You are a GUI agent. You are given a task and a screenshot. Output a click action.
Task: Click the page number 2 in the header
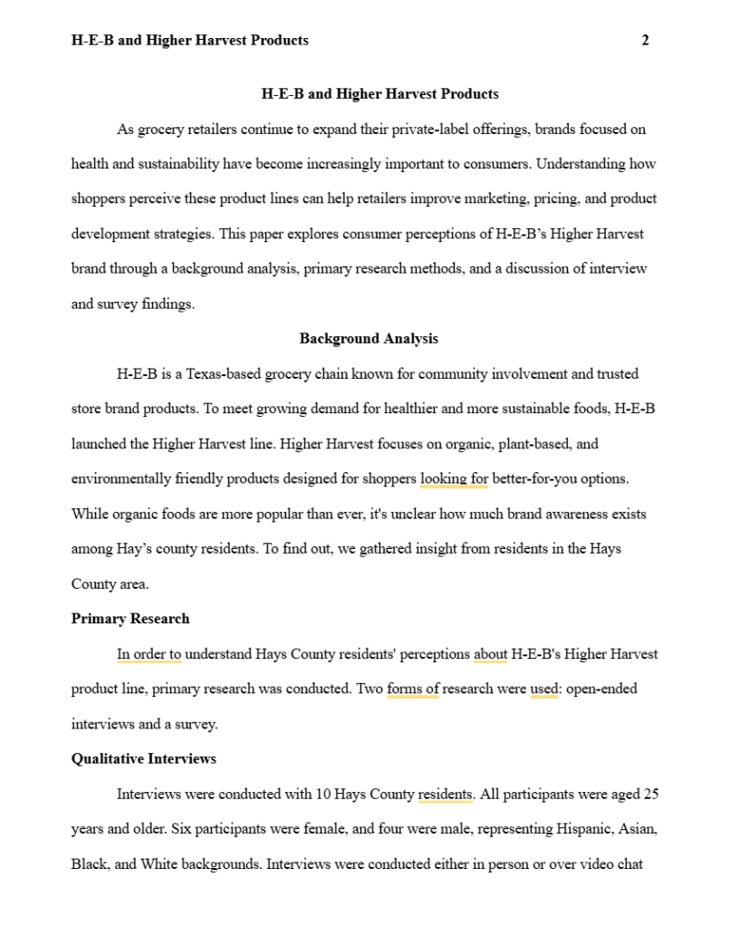tap(645, 40)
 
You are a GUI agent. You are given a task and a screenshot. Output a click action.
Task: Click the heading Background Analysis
tap(369, 339)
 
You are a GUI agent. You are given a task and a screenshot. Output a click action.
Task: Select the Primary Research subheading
tap(130, 619)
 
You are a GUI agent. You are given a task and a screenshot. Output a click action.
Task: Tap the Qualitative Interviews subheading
tap(144, 758)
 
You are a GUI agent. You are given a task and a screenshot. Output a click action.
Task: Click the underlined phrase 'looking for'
tap(454, 478)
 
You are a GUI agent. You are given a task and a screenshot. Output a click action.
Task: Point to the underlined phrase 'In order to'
tap(149, 654)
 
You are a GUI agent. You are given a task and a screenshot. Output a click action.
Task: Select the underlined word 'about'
tap(490, 654)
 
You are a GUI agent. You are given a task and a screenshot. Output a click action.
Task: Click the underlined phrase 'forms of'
tap(412, 689)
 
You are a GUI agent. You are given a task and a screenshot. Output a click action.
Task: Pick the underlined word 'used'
tap(543, 689)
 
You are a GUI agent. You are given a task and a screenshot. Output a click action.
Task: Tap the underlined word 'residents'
tap(445, 795)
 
